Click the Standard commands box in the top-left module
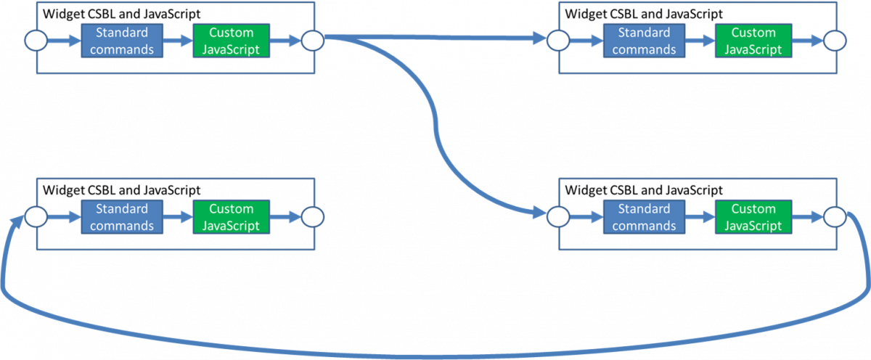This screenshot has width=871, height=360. tap(122, 41)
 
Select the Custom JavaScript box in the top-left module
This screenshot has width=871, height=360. tap(231, 41)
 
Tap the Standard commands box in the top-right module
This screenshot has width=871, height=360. tap(644, 41)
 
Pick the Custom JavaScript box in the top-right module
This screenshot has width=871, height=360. tap(753, 41)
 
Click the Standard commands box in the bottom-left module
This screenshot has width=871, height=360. tap(122, 217)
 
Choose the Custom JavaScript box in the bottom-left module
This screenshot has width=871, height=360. tap(231, 217)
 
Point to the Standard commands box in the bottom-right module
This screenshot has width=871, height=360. tap(644, 217)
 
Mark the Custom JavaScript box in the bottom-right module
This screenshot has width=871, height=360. tap(753, 217)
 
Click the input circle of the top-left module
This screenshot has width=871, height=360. tap(36, 41)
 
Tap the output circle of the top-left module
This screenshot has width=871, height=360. tap(313, 41)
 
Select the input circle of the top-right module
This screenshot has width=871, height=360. tap(557, 41)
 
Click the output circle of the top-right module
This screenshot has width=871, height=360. tap(835, 41)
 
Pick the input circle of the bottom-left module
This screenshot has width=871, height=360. tap(36, 217)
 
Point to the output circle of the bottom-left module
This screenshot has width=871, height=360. tap(313, 217)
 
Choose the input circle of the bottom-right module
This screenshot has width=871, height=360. tap(557, 217)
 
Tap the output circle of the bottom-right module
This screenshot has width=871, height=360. tap(835, 217)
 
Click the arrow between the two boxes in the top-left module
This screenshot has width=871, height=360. tap(178, 41)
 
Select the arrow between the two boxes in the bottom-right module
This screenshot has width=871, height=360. tap(700, 217)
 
